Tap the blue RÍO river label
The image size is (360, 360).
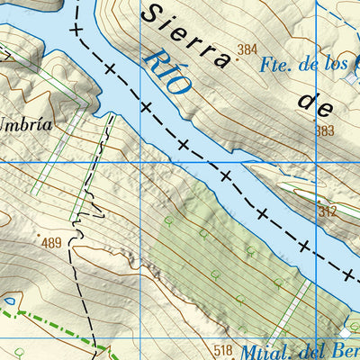pos(166,71)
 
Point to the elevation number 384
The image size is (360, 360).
pos(248,49)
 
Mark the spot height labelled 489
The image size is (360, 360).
pos(51,242)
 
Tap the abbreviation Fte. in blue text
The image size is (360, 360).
pos(274,65)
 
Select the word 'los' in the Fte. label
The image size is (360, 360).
pos(334,65)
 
